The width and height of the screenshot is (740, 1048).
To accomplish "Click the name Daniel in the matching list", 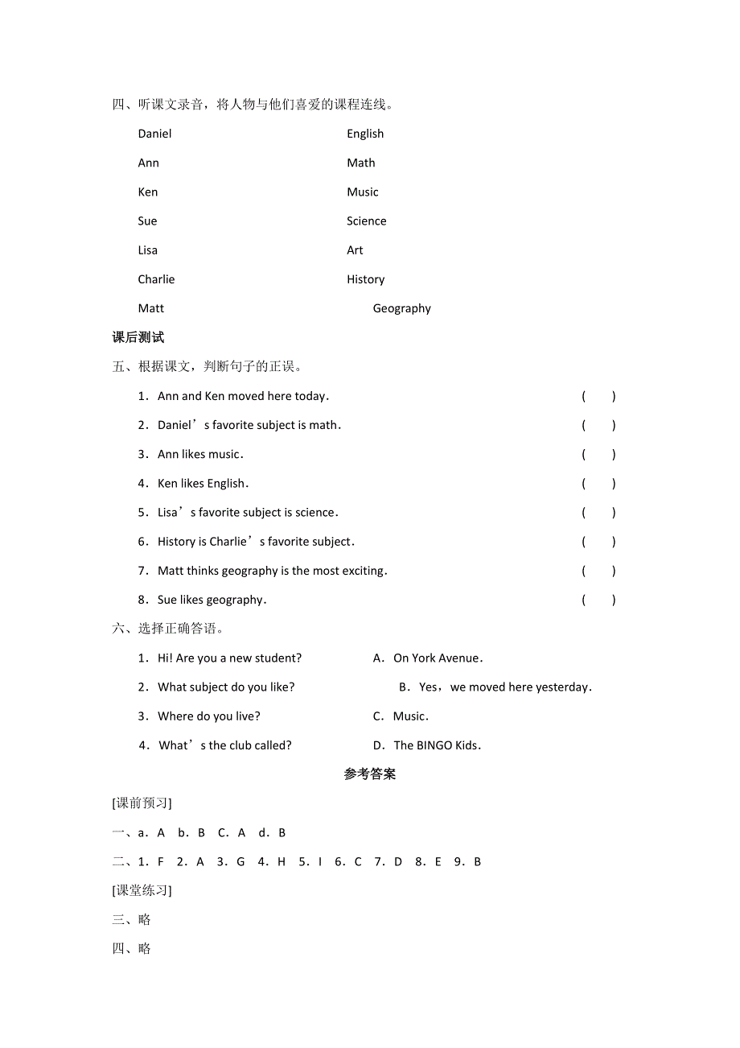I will (x=154, y=134).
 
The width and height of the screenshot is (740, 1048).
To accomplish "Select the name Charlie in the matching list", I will (x=156, y=279).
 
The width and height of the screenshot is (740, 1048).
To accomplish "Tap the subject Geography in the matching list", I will (x=401, y=308).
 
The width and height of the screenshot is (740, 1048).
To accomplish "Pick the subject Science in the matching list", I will (x=366, y=221).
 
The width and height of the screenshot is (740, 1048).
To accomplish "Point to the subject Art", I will (x=355, y=250).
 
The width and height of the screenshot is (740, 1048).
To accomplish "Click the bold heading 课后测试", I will (x=138, y=337).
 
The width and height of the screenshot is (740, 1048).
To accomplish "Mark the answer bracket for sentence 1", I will (x=598, y=396).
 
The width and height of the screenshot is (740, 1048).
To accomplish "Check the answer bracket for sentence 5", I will (x=598, y=513).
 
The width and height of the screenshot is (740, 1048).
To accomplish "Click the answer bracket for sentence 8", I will (x=598, y=600).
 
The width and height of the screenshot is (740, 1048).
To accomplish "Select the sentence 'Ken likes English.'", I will (x=203, y=484).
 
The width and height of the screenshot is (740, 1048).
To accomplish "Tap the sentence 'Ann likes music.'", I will (x=200, y=455).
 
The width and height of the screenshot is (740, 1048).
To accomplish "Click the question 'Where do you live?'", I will (x=208, y=716).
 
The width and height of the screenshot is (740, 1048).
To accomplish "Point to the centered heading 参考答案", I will (x=370, y=774).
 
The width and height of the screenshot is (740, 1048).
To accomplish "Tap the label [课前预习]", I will (x=142, y=803).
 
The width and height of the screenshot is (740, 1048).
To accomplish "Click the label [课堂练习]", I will (x=142, y=890).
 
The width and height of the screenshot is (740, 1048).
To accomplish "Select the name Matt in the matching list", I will (x=150, y=308).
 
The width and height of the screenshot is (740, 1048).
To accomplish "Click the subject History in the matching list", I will (x=365, y=279).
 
